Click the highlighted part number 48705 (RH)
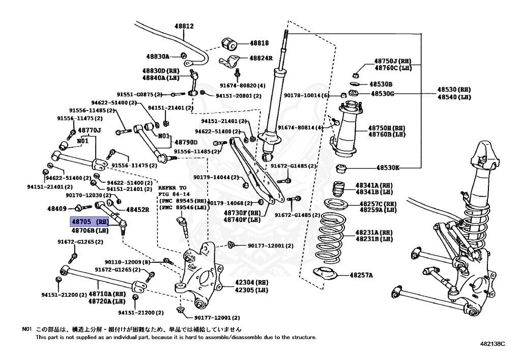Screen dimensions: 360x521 click(90, 221)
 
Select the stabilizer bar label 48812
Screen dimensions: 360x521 click(185, 25)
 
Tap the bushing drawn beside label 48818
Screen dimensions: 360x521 click(229, 43)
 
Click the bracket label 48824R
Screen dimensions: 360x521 click(260, 58)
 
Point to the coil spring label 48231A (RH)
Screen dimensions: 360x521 click(374, 232)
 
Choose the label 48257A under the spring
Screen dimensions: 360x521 click(361, 275)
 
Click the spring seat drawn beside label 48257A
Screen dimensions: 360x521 click(324, 274)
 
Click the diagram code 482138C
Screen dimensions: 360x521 click(492, 344)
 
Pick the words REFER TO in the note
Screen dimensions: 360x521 click(176, 188)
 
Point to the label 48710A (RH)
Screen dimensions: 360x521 click(106, 294)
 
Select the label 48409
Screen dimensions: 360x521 click(57, 208)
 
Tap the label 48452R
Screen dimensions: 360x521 click(137, 209)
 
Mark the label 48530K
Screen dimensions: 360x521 click(388, 167)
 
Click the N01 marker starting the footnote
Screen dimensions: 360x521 click(27, 329)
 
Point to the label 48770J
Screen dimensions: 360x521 click(89, 130)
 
